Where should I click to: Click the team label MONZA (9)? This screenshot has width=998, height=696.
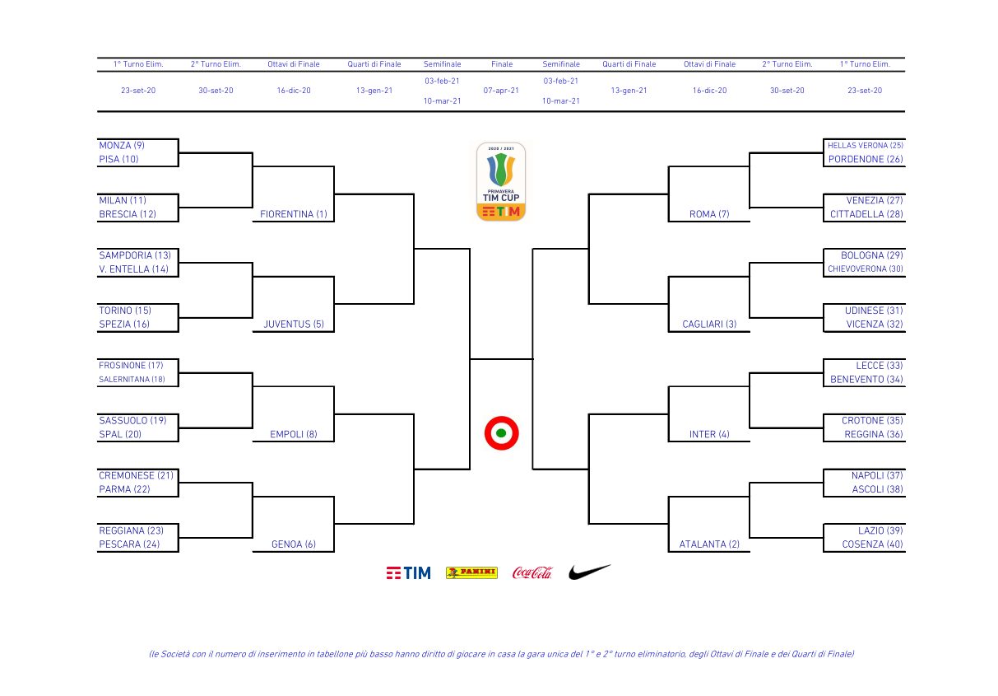click(x=122, y=146)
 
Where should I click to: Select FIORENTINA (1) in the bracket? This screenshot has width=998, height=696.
click(x=294, y=214)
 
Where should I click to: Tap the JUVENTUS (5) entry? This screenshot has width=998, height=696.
click(x=294, y=325)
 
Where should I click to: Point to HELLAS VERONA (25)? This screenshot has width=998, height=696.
click(x=866, y=146)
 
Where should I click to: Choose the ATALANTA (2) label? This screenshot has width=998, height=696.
click(x=709, y=544)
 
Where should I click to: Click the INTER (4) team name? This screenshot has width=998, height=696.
click(x=709, y=435)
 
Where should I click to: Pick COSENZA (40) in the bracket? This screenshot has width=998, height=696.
click(x=872, y=544)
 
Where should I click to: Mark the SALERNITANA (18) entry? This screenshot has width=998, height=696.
click(x=132, y=379)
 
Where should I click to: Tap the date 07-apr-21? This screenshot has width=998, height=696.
click(x=501, y=91)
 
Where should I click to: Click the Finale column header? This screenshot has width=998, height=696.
click(x=502, y=64)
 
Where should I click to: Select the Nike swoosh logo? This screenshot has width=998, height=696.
click(x=589, y=572)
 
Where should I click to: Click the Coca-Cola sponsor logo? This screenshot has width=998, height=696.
click(x=532, y=572)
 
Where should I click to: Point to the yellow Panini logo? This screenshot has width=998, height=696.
click(x=471, y=572)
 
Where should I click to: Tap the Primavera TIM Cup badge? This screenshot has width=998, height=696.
click(x=501, y=181)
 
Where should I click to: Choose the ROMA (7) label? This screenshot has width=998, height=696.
click(x=709, y=214)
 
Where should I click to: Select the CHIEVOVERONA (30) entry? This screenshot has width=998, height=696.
click(x=866, y=269)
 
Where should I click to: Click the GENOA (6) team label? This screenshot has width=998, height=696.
click(x=294, y=544)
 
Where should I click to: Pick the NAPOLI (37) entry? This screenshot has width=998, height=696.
click(x=877, y=475)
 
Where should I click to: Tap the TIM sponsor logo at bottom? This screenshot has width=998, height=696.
click(x=409, y=573)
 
